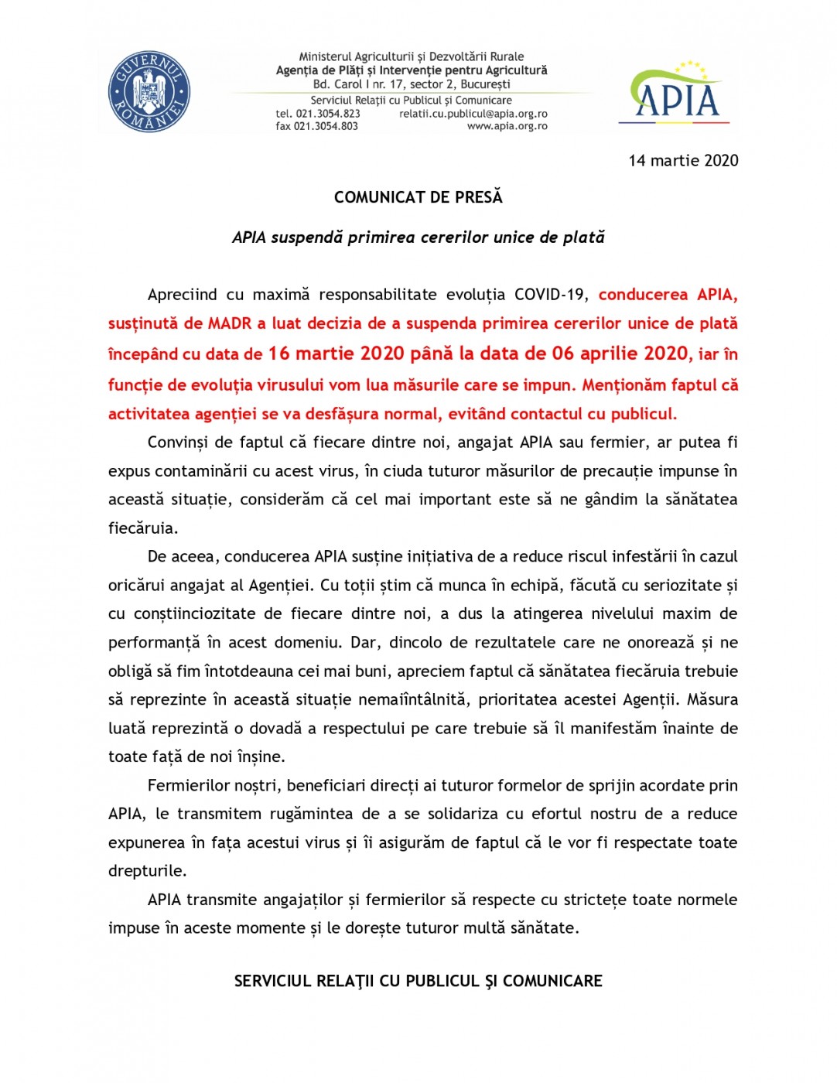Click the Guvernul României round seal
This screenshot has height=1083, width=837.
(x=149, y=92)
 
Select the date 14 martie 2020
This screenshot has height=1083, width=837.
(x=683, y=161)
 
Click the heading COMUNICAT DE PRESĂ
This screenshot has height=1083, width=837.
(x=418, y=197)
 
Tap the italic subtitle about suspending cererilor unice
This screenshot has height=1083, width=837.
(x=418, y=237)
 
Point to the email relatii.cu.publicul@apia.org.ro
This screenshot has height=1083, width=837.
(x=473, y=114)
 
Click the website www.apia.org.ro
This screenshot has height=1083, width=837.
(x=507, y=126)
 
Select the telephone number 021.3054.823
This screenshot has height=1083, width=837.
(x=328, y=114)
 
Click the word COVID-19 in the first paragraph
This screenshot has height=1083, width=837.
(x=549, y=295)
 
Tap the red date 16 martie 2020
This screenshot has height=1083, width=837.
(x=336, y=354)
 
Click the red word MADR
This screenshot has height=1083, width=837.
(x=230, y=323)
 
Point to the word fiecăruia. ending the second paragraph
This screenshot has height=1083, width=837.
(x=143, y=528)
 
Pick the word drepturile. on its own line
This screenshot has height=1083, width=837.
(x=147, y=871)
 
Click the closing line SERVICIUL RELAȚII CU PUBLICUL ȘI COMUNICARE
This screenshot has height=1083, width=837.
(x=418, y=981)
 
